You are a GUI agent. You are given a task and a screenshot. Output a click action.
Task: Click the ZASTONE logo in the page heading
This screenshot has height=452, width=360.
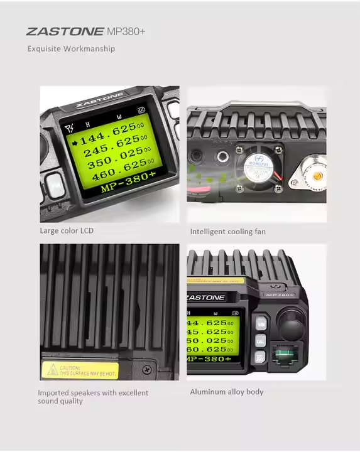click(x=65, y=31)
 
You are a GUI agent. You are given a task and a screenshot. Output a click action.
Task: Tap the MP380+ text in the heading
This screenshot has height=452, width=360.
click(x=126, y=31)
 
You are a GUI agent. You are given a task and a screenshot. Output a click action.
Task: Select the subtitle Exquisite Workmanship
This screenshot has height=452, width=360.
click(x=71, y=48)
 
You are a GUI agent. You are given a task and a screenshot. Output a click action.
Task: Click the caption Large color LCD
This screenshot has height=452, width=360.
click(x=67, y=230)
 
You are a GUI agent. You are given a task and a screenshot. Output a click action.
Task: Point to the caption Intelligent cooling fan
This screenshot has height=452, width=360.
click(x=227, y=232)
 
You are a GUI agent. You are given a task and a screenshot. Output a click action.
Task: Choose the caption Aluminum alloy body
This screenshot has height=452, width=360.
click(x=226, y=392)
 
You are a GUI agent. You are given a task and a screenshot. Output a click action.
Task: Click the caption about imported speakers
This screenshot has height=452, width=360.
click(x=93, y=397)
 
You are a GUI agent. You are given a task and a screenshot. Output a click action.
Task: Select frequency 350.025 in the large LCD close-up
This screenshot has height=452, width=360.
click(x=118, y=164)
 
